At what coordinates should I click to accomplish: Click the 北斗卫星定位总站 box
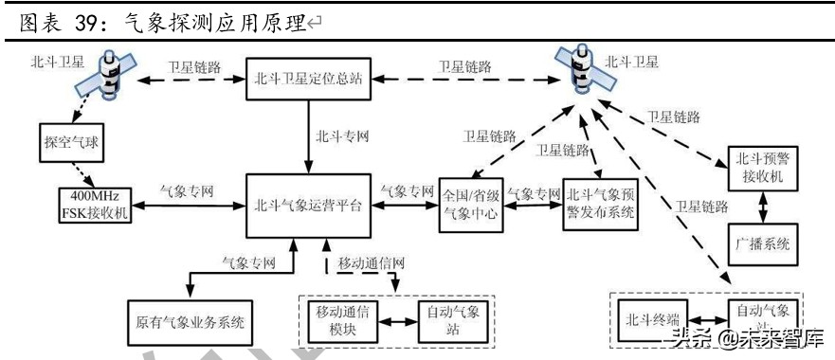[x=308, y=80]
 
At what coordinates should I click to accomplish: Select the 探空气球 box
[x=72, y=142]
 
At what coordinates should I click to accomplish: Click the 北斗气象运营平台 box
[x=308, y=204]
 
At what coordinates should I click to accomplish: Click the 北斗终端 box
[x=650, y=320]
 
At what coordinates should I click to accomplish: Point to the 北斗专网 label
[x=342, y=135]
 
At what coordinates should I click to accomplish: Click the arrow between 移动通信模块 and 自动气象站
[x=398, y=321]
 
